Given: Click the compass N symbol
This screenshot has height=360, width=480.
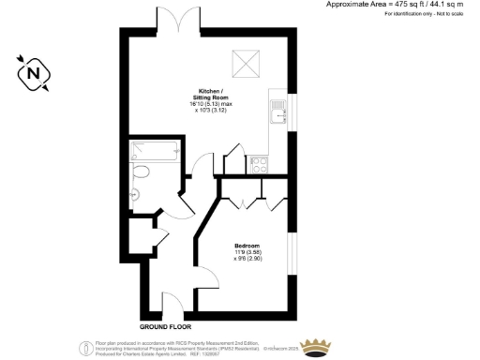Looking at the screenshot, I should (35, 73).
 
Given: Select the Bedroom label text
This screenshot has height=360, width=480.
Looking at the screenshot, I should (247, 246).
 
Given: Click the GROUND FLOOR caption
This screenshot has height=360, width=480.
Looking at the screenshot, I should (166, 327).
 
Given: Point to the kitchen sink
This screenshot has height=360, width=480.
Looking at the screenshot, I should (278, 116).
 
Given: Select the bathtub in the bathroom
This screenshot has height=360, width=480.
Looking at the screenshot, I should (153, 149).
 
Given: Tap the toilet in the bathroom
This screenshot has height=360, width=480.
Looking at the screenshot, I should (142, 172).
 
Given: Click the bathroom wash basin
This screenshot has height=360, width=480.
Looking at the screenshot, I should (136, 194).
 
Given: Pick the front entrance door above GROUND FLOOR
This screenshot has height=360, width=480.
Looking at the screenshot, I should (172, 307).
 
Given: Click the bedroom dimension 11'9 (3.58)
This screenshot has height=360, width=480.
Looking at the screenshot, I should (247, 252).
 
